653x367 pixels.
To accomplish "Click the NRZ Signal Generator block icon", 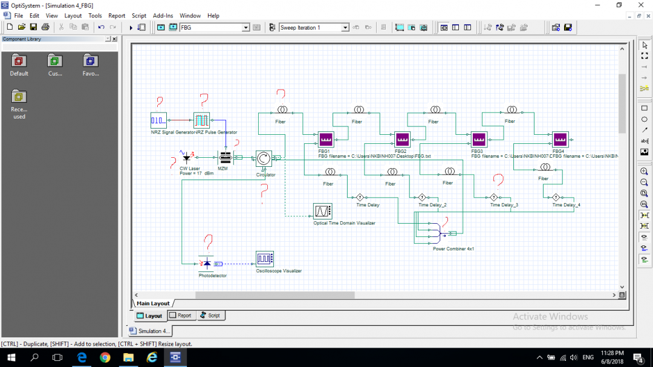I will (158, 120).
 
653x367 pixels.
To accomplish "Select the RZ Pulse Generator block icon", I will (201, 120).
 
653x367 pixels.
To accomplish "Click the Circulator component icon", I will (264, 159).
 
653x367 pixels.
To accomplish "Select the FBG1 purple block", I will (326, 140).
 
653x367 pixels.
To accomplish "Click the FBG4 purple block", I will (560, 140).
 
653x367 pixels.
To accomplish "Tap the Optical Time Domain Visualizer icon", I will (322, 211).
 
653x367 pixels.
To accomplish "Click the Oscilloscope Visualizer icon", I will (264, 259).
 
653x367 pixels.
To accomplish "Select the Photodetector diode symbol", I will (207, 264).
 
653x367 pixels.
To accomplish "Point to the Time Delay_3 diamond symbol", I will (493, 197).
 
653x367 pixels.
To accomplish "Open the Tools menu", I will (95, 16).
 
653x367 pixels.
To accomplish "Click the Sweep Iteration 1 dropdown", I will (314, 27).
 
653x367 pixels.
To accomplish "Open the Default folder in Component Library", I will (19, 63).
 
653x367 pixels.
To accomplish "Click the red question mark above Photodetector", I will (208, 242).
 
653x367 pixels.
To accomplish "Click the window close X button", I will (640, 5).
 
